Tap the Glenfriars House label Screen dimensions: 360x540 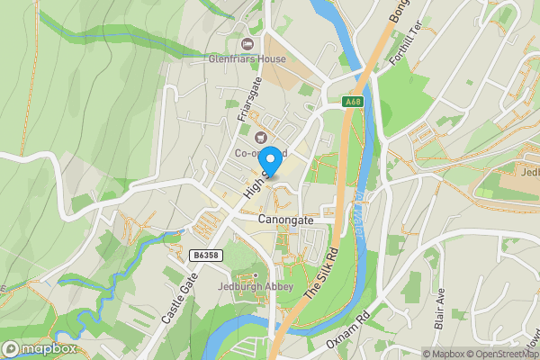click(247, 59)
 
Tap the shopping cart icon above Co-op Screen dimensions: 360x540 click(261, 137)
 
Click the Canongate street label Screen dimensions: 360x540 click(285, 219)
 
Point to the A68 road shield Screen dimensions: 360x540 click(354, 103)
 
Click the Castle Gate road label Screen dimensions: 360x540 click(179, 301)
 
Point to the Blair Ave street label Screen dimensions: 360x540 click(441, 310)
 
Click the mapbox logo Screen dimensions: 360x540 click(39, 348)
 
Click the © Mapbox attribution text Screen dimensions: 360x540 click(443, 354)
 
